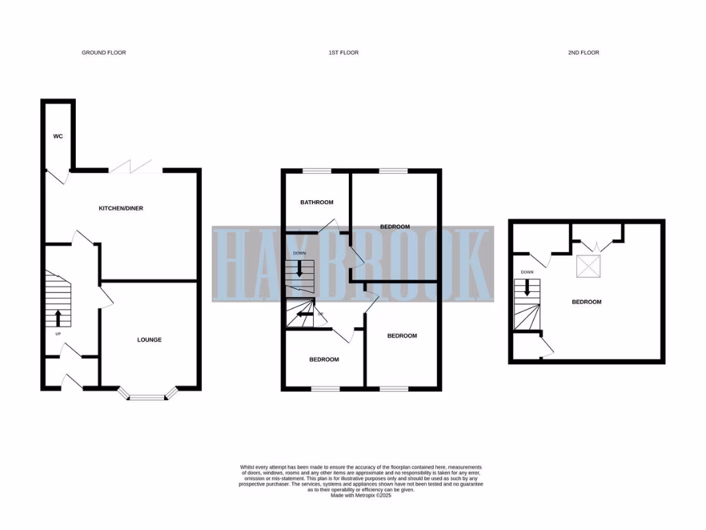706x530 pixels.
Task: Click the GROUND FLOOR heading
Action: [103, 52]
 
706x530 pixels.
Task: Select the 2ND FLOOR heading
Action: [583, 52]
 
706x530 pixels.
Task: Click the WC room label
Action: [58, 137]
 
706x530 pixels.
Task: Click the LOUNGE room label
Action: [149, 340]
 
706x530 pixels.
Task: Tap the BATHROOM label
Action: [316, 202]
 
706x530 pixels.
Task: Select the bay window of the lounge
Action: [149, 396]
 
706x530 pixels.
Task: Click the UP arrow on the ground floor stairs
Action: [58, 318]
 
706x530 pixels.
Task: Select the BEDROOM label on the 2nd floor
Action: [587, 302]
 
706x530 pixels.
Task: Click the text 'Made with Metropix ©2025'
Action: [361, 495]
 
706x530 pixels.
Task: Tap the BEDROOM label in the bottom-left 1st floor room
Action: [323, 360]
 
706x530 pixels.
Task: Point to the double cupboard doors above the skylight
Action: [597, 244]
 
